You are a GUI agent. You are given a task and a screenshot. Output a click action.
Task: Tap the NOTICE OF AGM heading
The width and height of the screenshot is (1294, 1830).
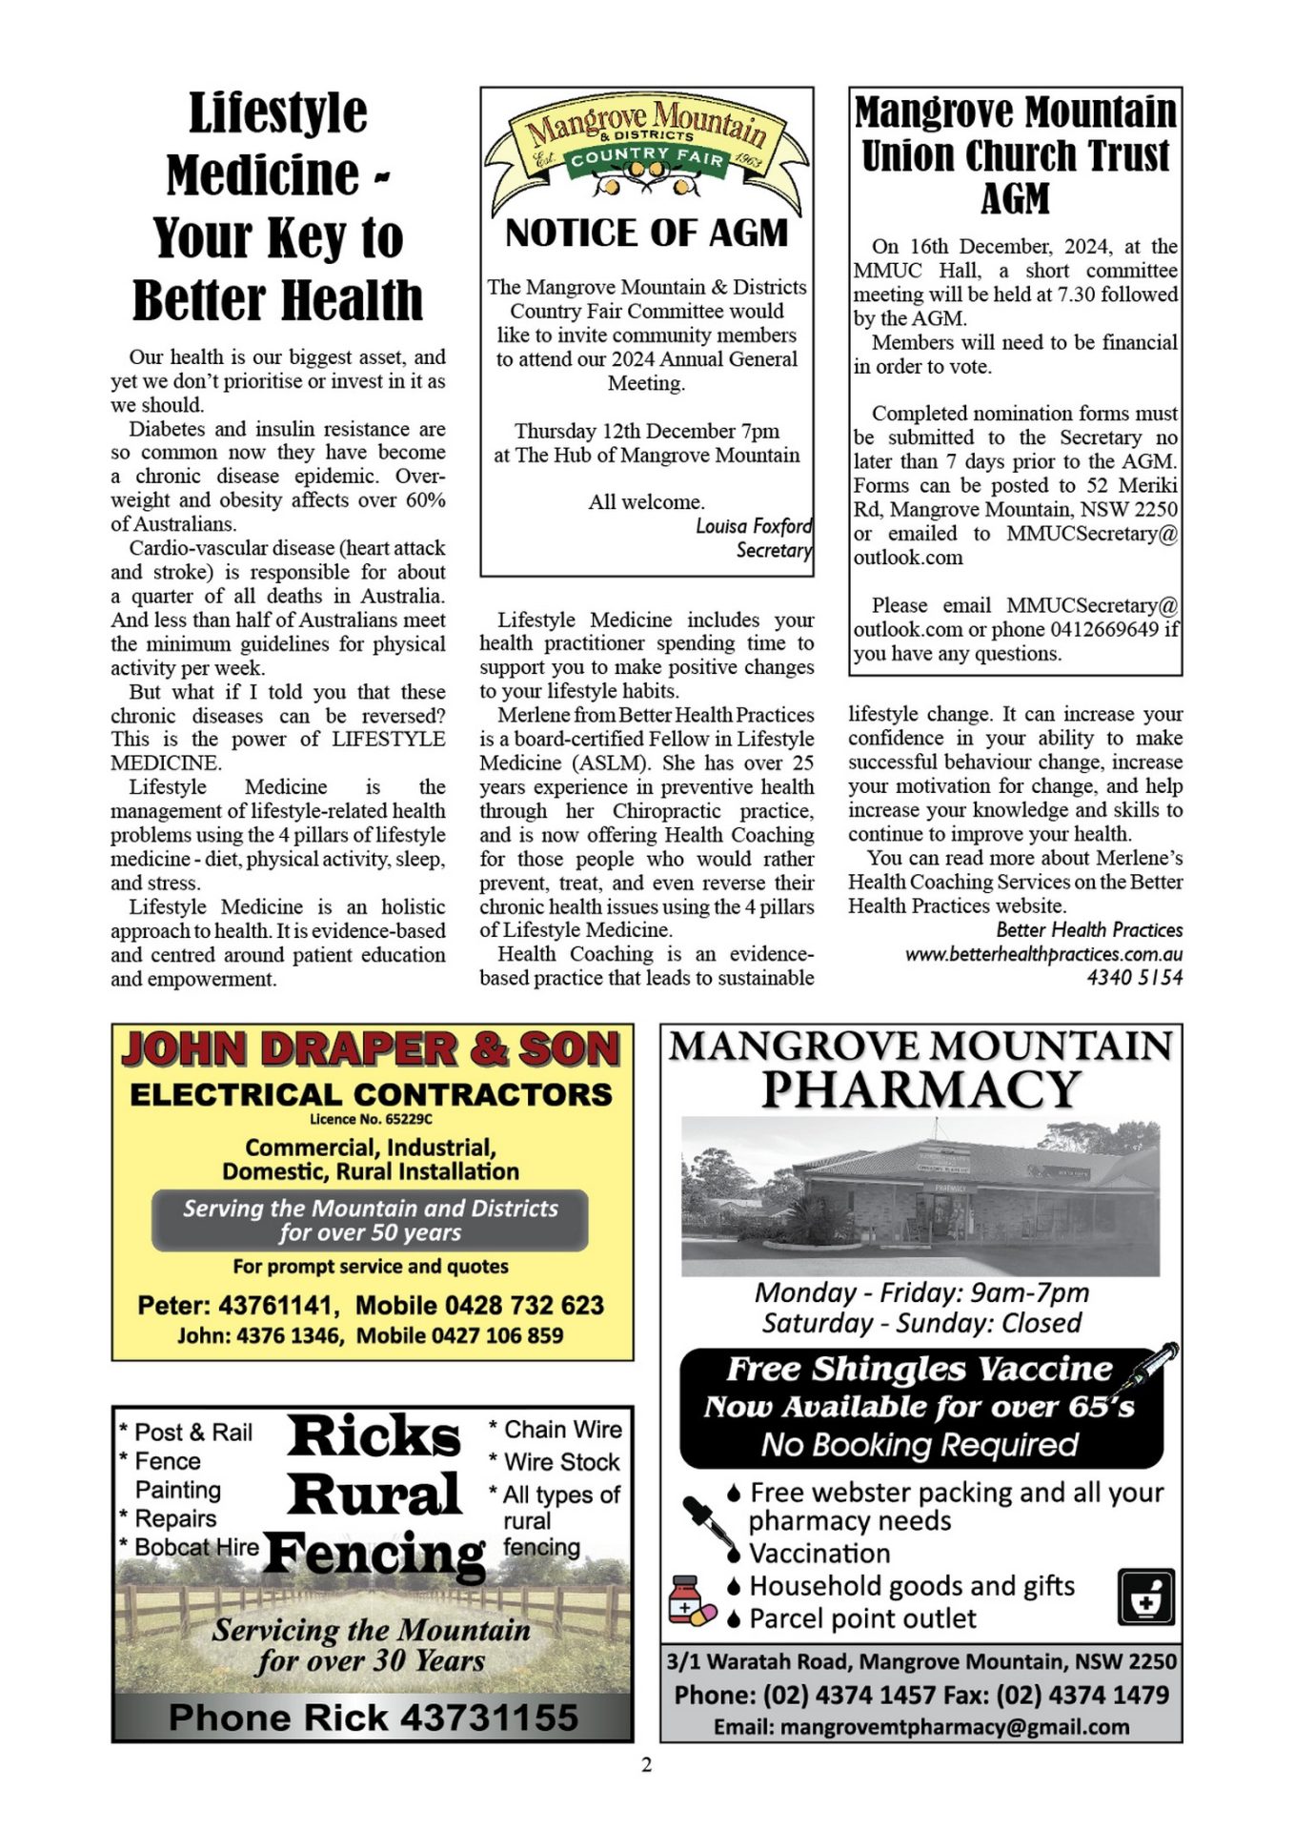[x=646, y=234]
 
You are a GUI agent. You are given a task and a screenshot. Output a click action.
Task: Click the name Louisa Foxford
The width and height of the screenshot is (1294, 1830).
[x=754, y=526]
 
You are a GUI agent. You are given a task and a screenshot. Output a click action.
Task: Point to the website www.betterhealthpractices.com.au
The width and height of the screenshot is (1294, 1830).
[x=1043, y=953]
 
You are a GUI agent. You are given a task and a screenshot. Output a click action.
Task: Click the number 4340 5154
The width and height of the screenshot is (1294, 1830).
[x=1134, y=977]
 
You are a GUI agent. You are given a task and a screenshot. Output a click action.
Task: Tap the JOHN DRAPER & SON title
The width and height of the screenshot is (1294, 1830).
[x=371, y=1049]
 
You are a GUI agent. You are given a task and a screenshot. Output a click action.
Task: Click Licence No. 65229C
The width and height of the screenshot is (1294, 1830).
[x=371, y=1119]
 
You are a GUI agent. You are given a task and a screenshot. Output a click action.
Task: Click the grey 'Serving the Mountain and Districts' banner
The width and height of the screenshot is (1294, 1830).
[x=370, y=1220]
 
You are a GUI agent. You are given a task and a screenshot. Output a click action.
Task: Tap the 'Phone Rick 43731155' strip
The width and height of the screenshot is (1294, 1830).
[x=373, y=1718]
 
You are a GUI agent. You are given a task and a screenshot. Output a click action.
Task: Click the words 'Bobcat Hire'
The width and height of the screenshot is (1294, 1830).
[x=196, y=1547]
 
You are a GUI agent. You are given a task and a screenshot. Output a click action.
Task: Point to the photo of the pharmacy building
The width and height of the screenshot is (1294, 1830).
[x=920, y=1196]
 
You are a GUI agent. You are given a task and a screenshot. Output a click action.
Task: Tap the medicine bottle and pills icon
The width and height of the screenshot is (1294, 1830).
[x=691, y=1601]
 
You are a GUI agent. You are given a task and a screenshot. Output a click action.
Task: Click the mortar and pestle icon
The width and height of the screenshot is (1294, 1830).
[x=1145, y=1597]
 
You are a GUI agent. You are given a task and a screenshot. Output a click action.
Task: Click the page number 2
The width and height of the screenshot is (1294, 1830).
[x=647, y=1765]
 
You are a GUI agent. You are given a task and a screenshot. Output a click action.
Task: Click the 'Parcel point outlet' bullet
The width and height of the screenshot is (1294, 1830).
[x=861, y=1618]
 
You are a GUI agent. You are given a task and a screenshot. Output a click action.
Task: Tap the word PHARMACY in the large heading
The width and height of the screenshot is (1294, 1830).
[x=920, y=1089]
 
